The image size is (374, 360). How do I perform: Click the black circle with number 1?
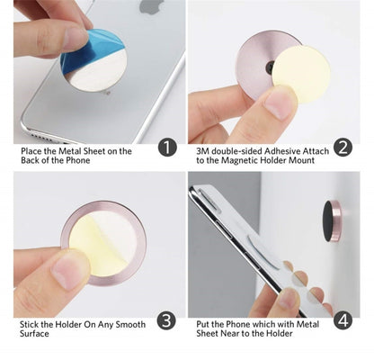[x=167, y=147]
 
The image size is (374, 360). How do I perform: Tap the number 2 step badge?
[x=342, y=147]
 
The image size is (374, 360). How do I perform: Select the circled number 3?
[x=167, y=320]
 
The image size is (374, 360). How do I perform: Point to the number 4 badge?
[x=342, y=320]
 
